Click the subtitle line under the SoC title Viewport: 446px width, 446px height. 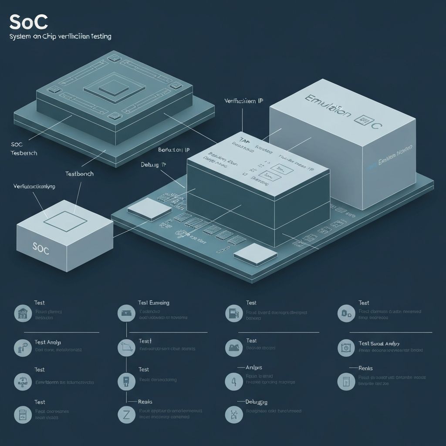(60, 37)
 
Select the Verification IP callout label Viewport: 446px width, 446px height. (243, 101)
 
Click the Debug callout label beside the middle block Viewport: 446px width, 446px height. (154, 165)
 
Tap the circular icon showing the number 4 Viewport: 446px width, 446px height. (234, 382)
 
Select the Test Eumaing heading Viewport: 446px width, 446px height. (154, 303)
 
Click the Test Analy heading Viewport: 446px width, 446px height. (47, 342)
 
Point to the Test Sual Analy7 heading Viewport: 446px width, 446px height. (379, 344)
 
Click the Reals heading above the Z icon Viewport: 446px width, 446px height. (145, 402)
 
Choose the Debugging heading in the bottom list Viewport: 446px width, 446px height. (257, 402)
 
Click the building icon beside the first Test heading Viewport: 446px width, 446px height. (23, 313)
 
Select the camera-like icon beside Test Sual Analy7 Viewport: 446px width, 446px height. (346, 348)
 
